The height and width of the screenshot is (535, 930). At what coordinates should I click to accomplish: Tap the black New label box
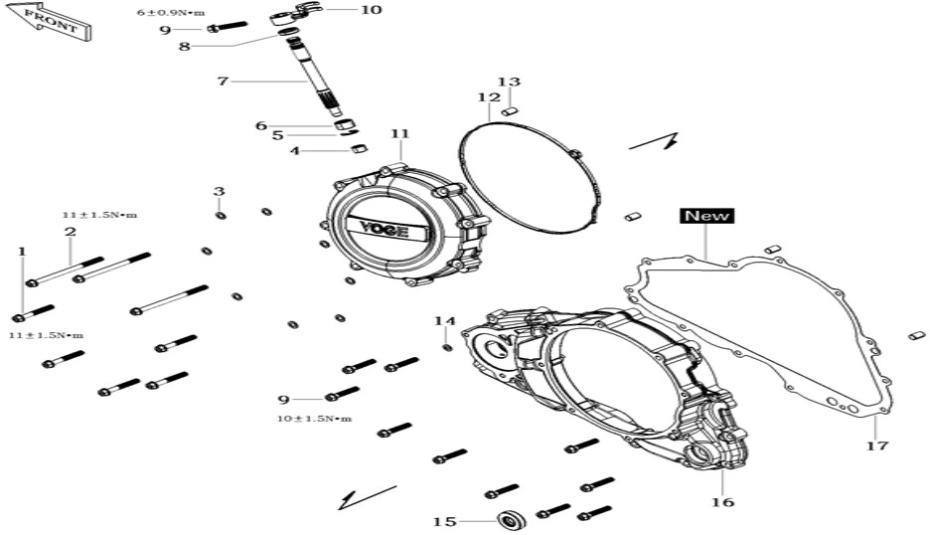(x=707, y=216)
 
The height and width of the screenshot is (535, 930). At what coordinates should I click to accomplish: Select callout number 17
(x=877, y=446)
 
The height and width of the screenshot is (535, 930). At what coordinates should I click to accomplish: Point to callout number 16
(x=722, y=502)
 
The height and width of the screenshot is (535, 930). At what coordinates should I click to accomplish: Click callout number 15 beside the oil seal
(x=445, y=522)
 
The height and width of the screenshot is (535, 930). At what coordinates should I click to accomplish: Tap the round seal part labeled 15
(x=511, y=520)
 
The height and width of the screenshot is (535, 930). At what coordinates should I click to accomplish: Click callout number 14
(x=445, y=321)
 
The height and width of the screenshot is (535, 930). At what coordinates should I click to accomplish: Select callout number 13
(x=509, y=82)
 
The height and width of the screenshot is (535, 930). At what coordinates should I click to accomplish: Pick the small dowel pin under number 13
(x=510, y=111)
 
